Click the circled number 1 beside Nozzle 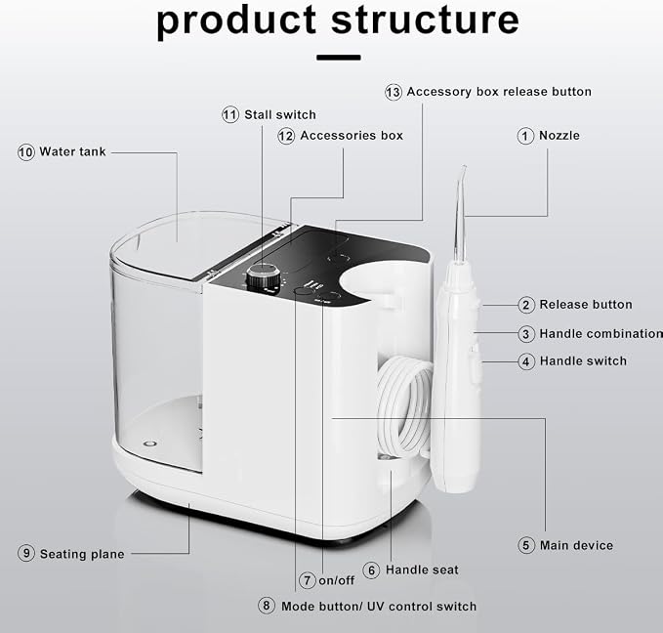pyautogui.click(x=525, y=136)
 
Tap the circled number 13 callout pyautogui.click(x=394, y=92)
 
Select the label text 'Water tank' pyautogui.click(x=72, y=151)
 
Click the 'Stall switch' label pyautogui.click(x=280, y=114)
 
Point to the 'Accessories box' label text pyautogui.click(x=352, y=136)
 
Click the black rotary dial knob pyautogui.click(x=264, y=277)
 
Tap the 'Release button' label pyautogui.click(x=586, y=305)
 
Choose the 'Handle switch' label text pyautogui.click(x=583, y=360)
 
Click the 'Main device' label pyautogui.click(x=576, y=545)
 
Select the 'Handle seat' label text pyautogui.click(x=422, y=570)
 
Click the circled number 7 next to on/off pyautogui.click(x=308, y=580)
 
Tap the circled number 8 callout pyautogui.click(x=267, y=606)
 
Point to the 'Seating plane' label pyautogui.click(x=82, y=554)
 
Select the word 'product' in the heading pyautogui.click(x=236, y=22)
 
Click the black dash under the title pyautogui.click(x=339, y=58)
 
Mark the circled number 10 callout pyautogui.click(x=26, y=152)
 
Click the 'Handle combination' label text pyautogui.click(x=601, y=334)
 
